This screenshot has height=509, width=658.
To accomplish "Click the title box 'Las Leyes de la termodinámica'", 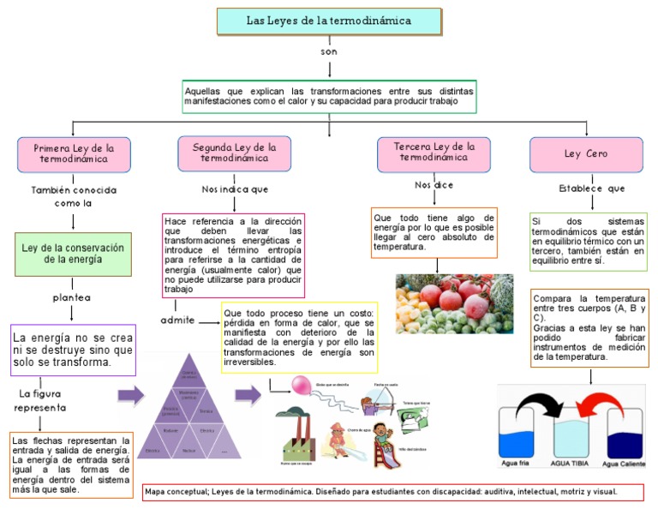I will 329,21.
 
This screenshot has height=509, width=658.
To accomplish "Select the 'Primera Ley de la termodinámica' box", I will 74,153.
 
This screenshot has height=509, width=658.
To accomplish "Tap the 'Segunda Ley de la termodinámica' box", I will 235,153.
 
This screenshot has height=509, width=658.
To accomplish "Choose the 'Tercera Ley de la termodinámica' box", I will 434,153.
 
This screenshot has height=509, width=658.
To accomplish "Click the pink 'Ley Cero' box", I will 586,154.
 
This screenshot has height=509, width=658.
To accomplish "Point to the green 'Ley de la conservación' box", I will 73,254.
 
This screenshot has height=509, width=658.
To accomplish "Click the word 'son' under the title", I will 330,52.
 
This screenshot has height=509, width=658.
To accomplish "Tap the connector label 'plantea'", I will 72,297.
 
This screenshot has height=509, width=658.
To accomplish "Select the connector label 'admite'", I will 177,320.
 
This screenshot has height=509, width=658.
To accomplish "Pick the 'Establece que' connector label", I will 591,189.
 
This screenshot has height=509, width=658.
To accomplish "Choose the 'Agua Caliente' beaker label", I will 625,464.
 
